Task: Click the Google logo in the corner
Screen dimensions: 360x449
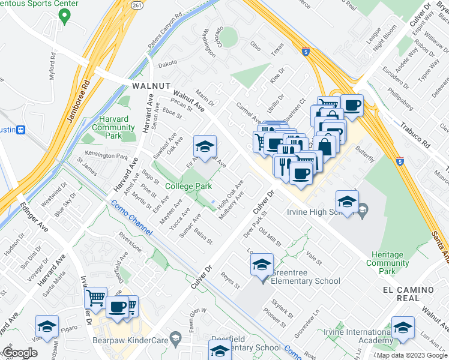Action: tap(20, 353)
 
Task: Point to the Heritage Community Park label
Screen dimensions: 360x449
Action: tap(387, 263)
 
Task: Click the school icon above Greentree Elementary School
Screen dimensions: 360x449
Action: tap(262, 264)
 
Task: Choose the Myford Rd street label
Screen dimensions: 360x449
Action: tap(53, 67)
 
